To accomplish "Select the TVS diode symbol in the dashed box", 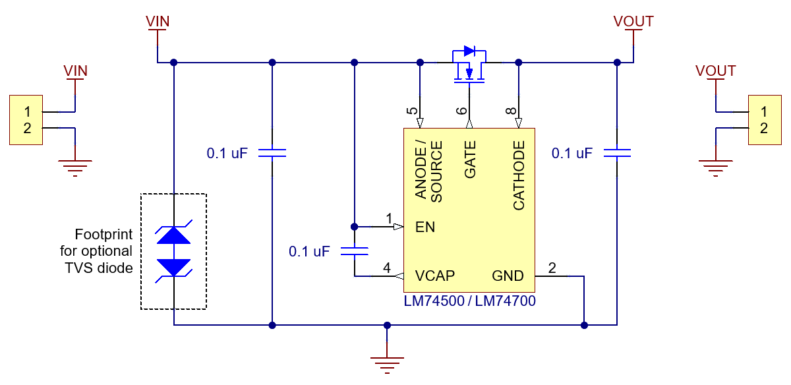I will pos(174,251).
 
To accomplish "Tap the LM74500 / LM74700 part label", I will pos(469,301).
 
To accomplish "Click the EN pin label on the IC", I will pos(425,227).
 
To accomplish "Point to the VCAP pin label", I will pos(434,276).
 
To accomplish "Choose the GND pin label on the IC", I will pos(508,276).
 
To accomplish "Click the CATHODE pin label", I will pos(519,175).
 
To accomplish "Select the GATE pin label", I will pos(470,159).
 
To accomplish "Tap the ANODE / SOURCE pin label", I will pos(428,171).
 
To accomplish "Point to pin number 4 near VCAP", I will pos(387,268).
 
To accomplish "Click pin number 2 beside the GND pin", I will pos(552,268).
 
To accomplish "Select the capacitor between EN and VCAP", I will pos(355,251).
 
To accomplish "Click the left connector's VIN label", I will pos(75,70).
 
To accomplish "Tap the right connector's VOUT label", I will pos(715,70).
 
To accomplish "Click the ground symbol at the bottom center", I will pos(387,363).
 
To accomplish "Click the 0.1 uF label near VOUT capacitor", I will pos(571,153).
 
